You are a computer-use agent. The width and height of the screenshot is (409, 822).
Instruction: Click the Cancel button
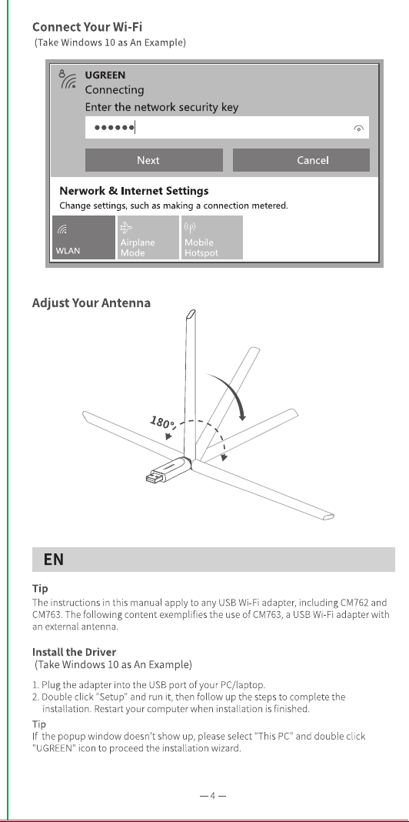coord(301,160)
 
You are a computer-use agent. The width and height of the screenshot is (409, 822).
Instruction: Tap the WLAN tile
coord(84,238)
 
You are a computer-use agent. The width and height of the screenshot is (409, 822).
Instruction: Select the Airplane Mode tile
coord(148,238)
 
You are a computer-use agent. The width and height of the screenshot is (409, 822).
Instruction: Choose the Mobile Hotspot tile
coord(212,238)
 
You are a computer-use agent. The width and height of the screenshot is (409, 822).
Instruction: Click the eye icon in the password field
coord(359,129)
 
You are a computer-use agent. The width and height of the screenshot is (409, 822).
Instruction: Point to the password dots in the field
coord(114,128)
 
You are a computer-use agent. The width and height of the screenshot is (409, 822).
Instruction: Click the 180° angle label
coord(163,422)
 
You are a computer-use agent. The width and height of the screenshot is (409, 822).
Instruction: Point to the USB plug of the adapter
coord(155,476)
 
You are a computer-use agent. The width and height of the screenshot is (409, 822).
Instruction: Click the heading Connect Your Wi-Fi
coord(87,27)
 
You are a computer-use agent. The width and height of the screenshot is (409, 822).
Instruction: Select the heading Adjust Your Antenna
coord(91,303)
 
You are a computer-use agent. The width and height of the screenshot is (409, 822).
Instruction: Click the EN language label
coord(53,560)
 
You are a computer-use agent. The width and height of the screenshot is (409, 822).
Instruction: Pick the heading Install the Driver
coord(74,652)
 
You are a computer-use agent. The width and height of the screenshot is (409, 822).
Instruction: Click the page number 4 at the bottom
coord(213,796)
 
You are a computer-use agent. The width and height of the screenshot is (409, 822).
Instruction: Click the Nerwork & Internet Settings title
coord(134,191)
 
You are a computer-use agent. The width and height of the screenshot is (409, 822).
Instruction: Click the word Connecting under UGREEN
coord(115,90)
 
